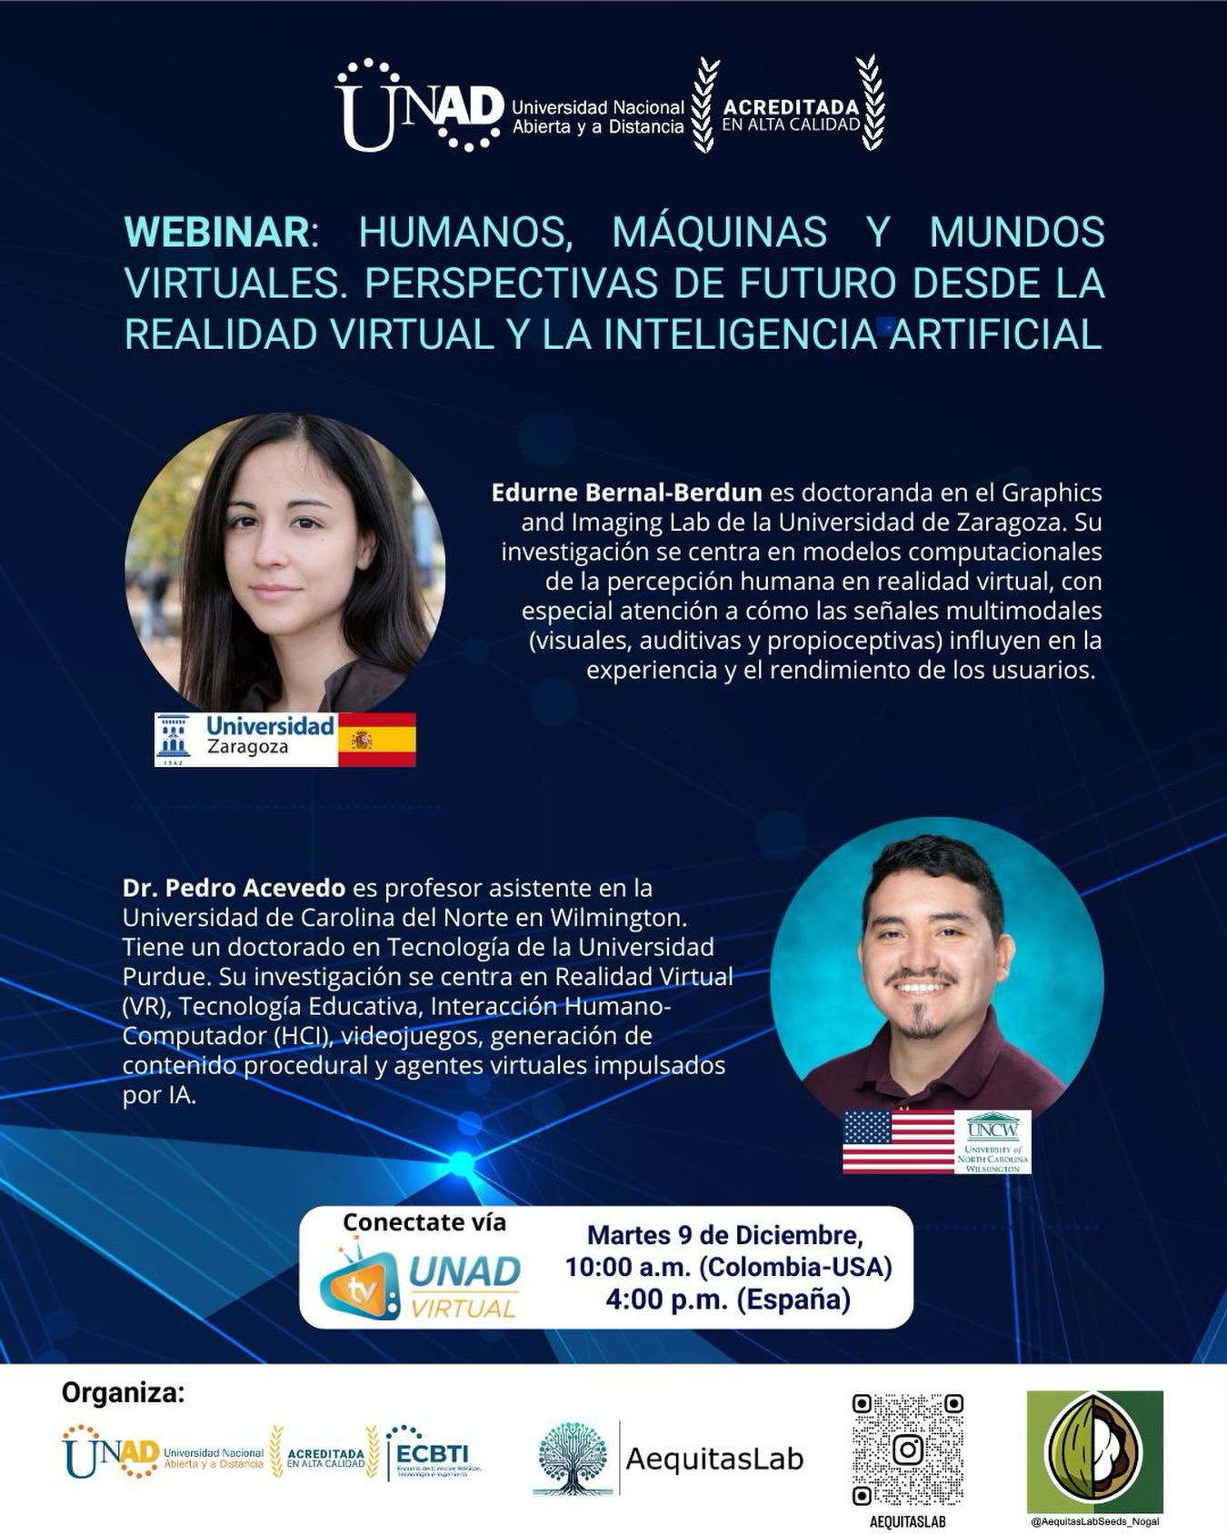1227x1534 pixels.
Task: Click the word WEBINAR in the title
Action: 217,232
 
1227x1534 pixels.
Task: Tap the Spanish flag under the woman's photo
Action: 376,740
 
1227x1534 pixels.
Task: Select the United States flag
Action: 898,1141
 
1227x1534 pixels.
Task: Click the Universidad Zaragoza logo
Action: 246,739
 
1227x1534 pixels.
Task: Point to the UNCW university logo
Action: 993,1141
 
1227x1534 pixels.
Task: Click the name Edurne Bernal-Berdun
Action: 626,493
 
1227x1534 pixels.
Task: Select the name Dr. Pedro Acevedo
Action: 234,888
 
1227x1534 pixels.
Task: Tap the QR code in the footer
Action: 907,1449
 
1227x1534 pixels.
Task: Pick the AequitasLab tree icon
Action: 572,1457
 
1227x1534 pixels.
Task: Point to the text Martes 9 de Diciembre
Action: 724,1235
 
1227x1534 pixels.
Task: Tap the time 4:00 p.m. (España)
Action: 728,1300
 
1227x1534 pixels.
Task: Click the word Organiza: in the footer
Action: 123,1393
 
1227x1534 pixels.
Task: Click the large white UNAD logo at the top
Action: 418,106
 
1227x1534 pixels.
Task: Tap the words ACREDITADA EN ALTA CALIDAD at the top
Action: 791,115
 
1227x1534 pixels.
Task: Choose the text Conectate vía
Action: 424,1222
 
